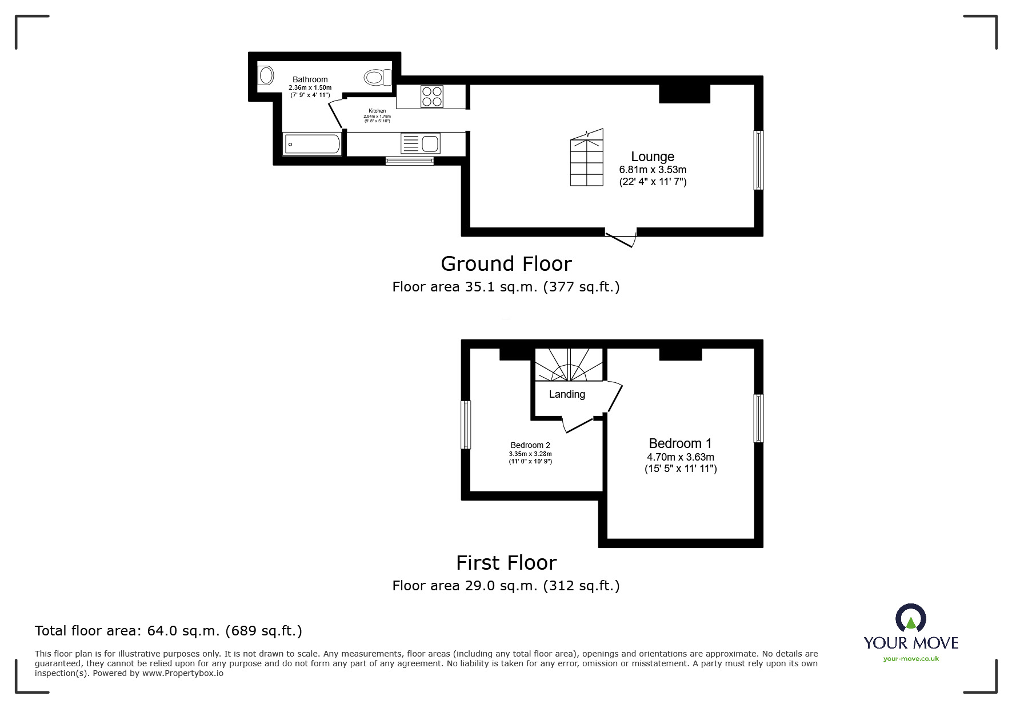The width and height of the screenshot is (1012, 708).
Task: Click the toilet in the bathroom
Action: pyautogui.click(x=378, y=77)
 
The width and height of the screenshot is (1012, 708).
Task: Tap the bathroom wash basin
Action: pyautogui.click(x=265, y=75)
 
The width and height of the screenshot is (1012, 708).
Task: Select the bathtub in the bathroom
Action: pyautogui.click(x=312, y=144)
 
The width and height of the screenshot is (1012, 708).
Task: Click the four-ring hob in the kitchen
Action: pyautogui.click(x=432, y=96)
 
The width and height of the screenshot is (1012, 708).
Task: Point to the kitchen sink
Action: pyautogui.click(x=420, y=143)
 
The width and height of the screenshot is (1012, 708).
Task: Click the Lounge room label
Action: pyautogui.click(x=653, y=157)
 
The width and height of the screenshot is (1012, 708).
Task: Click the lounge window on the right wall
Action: pyautogui.click(x=758, y=160)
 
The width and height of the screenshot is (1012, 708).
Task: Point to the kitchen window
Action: pyautogui.click(x=410, y=161)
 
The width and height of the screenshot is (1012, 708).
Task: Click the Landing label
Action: pyautogui.click(x=567, y=394)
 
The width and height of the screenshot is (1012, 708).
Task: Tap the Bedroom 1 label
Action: pyautogui.click(x=680, y=443)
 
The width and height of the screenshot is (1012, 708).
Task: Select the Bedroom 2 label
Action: pyautogui.click(x=530, y=445)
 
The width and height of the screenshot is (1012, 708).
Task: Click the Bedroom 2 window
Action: pyautogui.click(x=466, y=425)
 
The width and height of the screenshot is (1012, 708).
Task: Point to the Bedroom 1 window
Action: pyautogui.click(x=758, y=418)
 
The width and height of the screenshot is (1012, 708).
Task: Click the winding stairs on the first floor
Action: pyautogui.click(x=569, y=365)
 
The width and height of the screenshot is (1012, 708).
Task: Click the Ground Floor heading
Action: pyautogui.click(x=506, y=264)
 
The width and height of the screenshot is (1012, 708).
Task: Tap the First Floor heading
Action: pyautogui.click(x=506, y=563)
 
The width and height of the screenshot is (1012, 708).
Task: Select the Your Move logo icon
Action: pyautogui.click(x=910, y=618)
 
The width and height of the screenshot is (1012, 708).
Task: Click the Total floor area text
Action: pyautogui.click(x=169, y=631)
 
